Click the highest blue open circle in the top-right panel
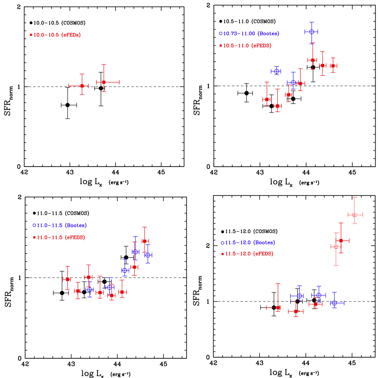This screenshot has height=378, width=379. coord(311,32)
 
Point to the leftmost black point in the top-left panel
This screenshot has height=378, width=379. coord(67,105)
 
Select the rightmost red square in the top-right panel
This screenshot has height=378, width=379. coord(333,66)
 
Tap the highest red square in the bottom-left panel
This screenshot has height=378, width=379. coord(144,241)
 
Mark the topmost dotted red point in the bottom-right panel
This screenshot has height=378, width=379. coord(355,215)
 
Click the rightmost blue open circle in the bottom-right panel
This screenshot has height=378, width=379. coord(334,303)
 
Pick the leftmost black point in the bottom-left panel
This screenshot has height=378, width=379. coord(62,293)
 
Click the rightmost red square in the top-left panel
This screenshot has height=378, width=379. coord(104,82)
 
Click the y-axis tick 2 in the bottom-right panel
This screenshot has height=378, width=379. coord(207,245)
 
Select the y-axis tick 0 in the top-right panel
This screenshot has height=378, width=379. coord(208,167)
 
